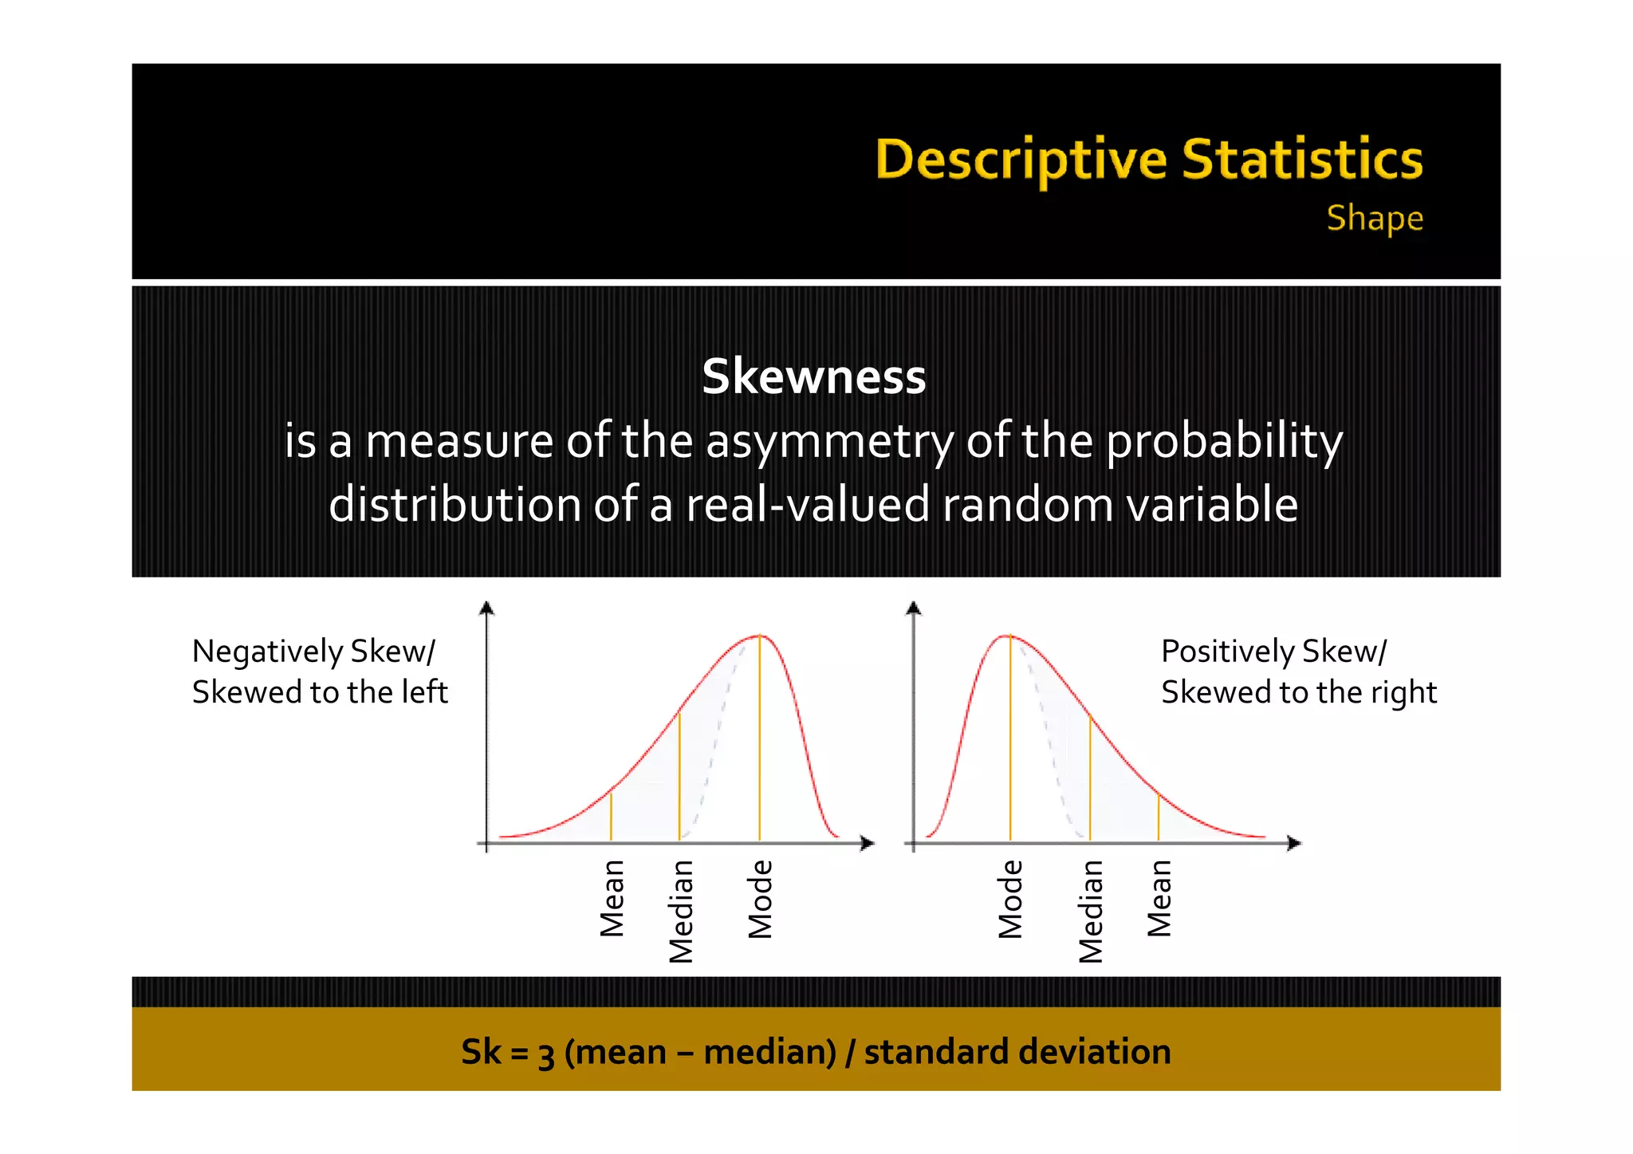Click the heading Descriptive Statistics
[1149, 160]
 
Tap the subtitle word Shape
[1375, 218]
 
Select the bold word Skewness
[813, 376]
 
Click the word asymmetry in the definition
[829, 442]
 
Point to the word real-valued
[807, 506]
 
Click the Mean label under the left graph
[612, 898]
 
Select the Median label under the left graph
[681, 911]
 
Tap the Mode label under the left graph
[760, 899]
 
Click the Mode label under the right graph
[1010, 899]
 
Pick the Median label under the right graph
[1090, 911]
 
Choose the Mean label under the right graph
[1159, 898]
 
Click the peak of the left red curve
[759, 636]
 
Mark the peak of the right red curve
[1009, 636]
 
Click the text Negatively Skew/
[313, 652]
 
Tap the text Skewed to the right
[1298, 692]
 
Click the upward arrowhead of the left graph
[486, 609]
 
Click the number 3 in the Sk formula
[546, 1054]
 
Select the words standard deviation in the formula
[1017, 1052]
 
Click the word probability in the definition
[1224, 442]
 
